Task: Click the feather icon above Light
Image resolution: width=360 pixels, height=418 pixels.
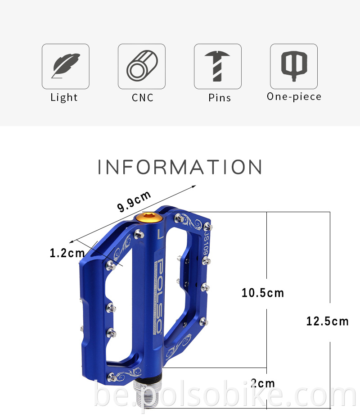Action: (x=66, y=66)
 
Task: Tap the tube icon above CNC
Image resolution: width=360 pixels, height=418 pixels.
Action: (x=141, y=66)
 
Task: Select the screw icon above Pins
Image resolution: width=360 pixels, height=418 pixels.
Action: (x=217, y=66)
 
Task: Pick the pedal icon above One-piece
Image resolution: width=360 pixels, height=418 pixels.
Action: (x=294, y=66)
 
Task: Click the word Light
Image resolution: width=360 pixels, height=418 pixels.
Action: (x=64, y=97)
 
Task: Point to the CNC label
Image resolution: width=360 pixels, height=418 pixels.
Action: (x=143, y=98)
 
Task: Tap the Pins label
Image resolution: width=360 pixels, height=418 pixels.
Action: (x=220, y=98)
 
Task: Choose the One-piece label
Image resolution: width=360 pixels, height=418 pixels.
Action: (x=294, y=96)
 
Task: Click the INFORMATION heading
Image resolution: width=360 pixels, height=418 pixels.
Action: (x=180, y=167)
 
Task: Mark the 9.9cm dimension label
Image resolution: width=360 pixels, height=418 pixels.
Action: (x=134, y=201)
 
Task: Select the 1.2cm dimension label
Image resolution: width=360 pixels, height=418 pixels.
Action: (x=67, y=253)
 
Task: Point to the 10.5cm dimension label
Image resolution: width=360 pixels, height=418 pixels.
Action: (x=263, y=293)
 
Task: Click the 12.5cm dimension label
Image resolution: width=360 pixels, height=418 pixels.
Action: (x=328, y=321)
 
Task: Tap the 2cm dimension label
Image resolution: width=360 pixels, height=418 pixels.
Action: (x=263, y=383)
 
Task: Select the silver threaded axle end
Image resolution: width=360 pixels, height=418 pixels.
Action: (x=145, y=391)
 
